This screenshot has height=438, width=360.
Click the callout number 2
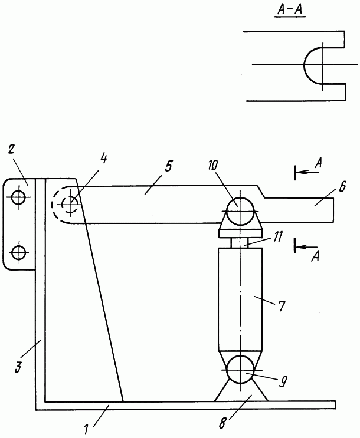point(11,150)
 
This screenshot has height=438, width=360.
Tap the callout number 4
point(103,159)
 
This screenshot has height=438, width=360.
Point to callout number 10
point(212,166)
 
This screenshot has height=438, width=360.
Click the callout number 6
point(342,187)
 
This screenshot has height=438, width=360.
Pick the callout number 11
point(277,237)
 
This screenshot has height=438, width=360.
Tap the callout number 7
point(282,306)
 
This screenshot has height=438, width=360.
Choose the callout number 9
point(283,382)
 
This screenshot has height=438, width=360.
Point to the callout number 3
point(18,367)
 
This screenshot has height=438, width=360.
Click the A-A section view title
point(290,10)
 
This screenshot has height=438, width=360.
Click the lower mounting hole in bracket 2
point(19,252)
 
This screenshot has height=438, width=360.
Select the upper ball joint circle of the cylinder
point(240,211)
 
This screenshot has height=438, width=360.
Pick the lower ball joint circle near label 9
point(240,370)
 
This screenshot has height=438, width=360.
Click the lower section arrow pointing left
point(307,247)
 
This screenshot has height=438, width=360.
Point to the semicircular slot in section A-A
point(304,65)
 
